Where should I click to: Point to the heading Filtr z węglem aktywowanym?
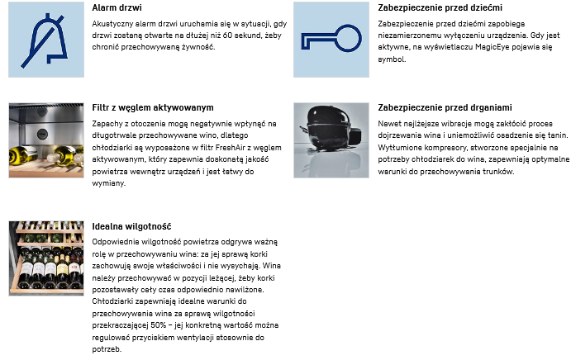153,107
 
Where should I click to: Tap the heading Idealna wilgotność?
131,226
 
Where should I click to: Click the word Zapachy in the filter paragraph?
108,123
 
